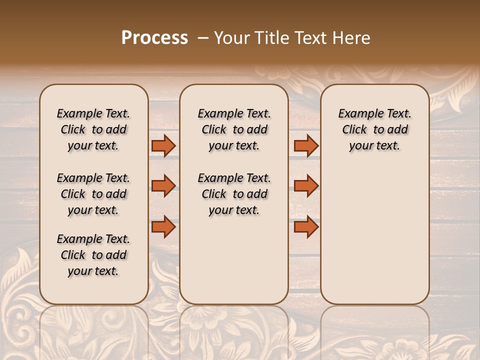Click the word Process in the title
coord(154,38)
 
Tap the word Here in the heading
coord(352,38)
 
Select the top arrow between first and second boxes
coord(163,145)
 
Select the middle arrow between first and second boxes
coord(163,186)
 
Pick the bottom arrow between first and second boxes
coord(163,226)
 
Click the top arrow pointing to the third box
coord(306,145)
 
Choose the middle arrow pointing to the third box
coord(306,186)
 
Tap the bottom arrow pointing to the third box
coord(306,226)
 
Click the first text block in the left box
coord(93,129)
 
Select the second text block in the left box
coord(93,194)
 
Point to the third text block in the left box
coord(93,255)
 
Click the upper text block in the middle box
coord(234,129)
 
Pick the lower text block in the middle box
coord(234,194)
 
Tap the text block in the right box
coord(374,129)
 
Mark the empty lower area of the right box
coord(374,235)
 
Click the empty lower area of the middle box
coord(234,260)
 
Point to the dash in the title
coord(202,38)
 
